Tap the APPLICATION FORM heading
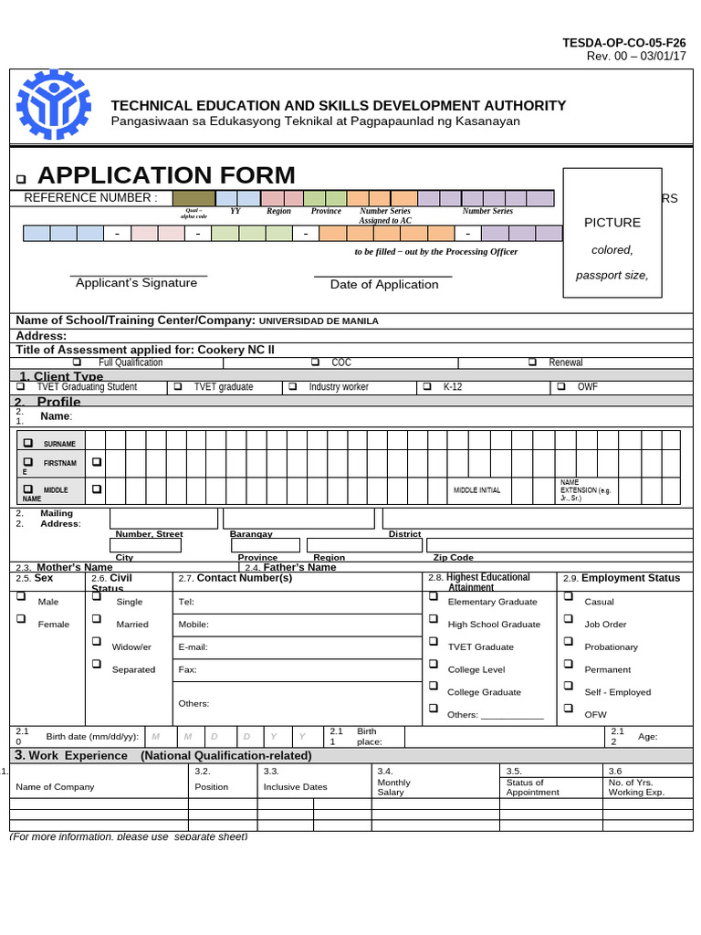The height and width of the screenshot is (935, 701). pos(166,174)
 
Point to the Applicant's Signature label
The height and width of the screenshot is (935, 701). pos(136,283)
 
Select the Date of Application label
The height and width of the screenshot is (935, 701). pos(384,284)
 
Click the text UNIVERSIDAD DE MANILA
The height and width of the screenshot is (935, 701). pos(319,321)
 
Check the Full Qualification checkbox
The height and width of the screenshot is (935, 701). pos(77,362)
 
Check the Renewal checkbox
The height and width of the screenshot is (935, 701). pos(532,362)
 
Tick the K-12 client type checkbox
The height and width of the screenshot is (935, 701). pos(427,387)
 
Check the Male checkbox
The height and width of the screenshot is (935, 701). pos(20,596)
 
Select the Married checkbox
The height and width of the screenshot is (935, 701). pos(97,619)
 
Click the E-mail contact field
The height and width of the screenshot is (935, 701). pos(297,647)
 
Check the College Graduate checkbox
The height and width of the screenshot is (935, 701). pos(434,686)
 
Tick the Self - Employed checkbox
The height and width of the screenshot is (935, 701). pos(568,686)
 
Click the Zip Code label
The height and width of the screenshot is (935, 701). pos(453,557)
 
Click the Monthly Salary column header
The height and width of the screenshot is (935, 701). pos(393,787)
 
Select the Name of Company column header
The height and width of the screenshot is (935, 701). pos(55,787)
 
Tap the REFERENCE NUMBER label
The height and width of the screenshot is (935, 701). pos(90,198)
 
